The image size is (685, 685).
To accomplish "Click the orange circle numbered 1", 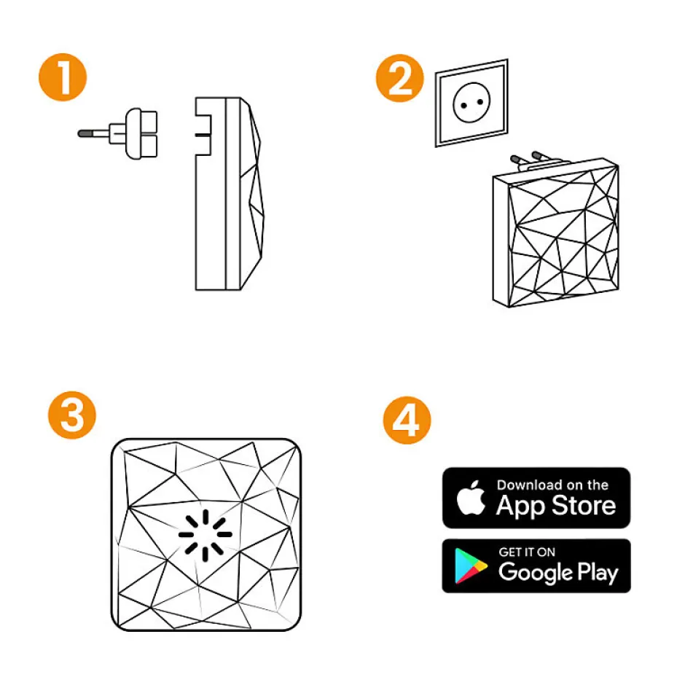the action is (x=63, y=77).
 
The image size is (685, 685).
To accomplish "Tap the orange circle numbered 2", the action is (x=400, y=78).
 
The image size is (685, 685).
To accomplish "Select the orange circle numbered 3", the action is (x=72, y=415).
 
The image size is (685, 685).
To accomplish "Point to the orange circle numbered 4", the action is (x=407, y=420).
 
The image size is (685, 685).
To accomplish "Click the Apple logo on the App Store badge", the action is (x=471, y=498).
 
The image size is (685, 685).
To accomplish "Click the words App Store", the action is (x=556, y=506).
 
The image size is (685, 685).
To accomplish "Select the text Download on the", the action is (x=552, y=485).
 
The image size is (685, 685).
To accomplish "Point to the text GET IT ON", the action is (x=527, y=552).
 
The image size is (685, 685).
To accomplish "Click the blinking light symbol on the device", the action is (x=205, y=535).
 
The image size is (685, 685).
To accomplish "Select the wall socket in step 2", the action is (x=471, y=103).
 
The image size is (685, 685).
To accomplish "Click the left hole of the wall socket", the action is (x=463, y=105).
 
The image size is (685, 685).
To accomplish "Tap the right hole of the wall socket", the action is (x=480, y=102).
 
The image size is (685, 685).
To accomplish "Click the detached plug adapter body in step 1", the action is (x=141, y=133).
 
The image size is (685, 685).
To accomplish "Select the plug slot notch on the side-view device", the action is (x=203, y=135).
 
